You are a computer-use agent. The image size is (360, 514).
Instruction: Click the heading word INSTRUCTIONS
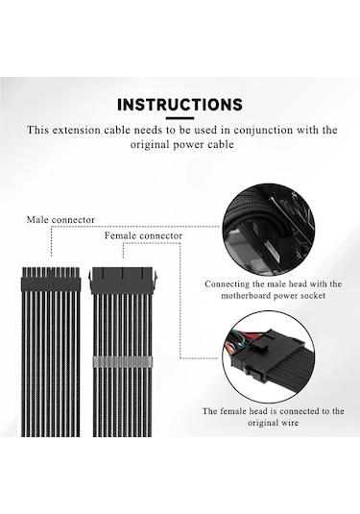tap(179, 104)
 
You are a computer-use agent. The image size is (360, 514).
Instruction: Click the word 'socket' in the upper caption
tap(308, 296)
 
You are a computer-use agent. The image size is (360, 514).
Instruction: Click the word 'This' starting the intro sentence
tap(38, 130)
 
